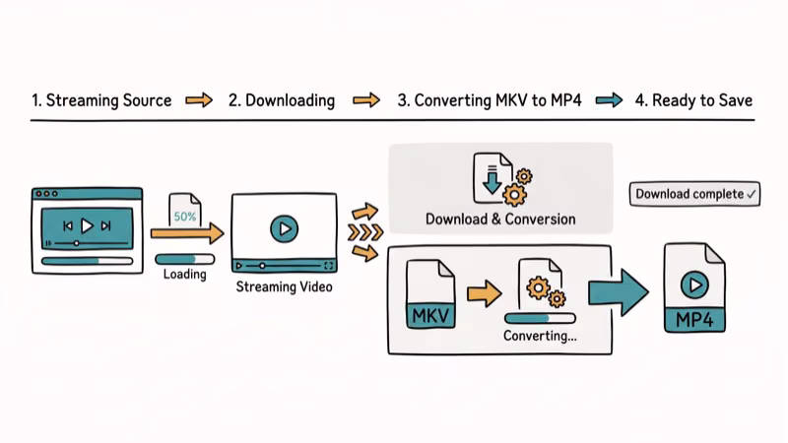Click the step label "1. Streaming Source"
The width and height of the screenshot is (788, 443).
click(x=101, y=100)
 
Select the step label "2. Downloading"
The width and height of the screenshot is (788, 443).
click(x=282, y=100)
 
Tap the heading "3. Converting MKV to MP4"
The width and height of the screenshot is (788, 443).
click(x=491, y=100)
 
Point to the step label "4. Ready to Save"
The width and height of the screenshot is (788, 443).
click(x=693, y=100)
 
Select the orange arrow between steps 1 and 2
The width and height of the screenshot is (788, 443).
click(x=200, y=100)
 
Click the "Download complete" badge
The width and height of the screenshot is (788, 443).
click(x=696, y=194)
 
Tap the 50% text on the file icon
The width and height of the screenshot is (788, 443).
click(x=184, y=216)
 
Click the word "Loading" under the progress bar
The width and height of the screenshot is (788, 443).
click(x=184, y=275)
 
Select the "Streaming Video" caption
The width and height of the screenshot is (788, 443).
click(x=284, y=287)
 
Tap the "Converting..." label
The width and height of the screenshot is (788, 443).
click(x=540, y=336)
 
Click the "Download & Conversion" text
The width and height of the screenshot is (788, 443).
click(x=500, y=219)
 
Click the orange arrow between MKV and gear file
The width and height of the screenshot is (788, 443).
click(x=485, y=291)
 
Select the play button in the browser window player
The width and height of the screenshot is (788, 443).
click(x=87, y=225)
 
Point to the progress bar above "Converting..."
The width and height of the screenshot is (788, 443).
click(x=539, y=318)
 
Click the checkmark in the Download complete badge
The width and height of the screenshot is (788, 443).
click(x=753, y=194)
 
